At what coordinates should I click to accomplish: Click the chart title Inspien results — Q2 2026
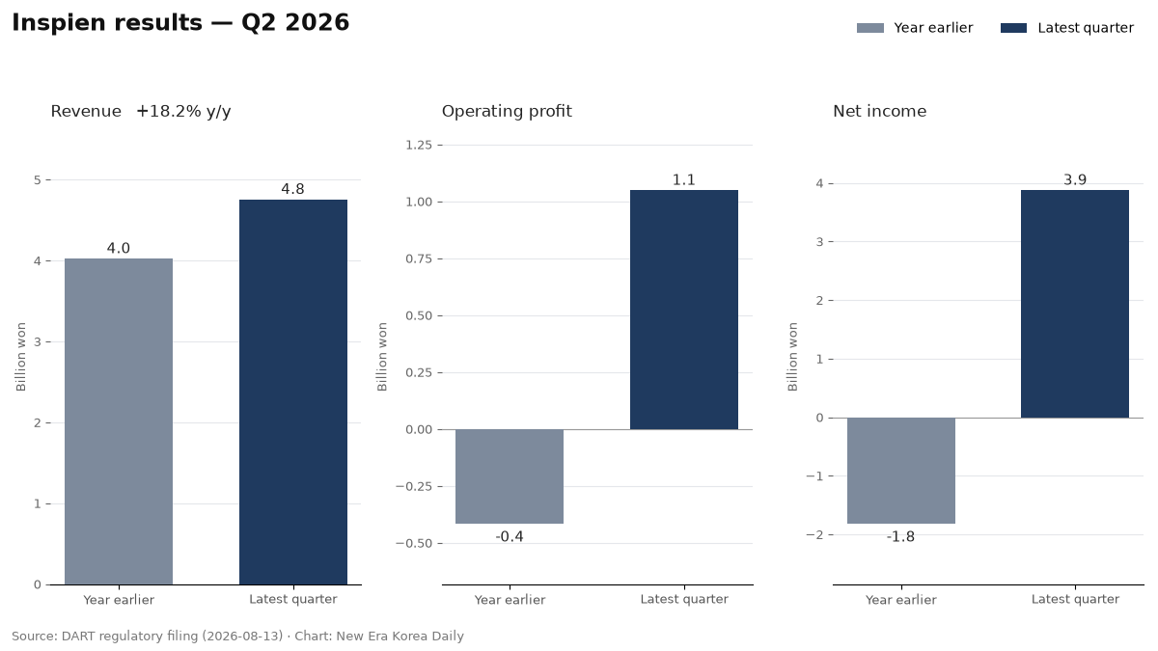(x=180, y=23)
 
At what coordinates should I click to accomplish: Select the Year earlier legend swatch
(x=870, y=28)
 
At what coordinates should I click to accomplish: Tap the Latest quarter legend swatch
(x=1014, y=28)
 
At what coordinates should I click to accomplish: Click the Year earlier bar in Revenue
(x=119, y=421)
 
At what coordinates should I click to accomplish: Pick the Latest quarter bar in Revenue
(x=293, y=393)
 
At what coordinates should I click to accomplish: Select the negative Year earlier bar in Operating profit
(x=510, y=476)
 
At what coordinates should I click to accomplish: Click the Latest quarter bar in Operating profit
(x=684, y=310)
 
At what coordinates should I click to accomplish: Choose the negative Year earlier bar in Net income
(x=901, y=471)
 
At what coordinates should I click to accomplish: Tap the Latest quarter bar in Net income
(x=1075, y=304)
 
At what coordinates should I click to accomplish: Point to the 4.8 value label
(x=292, y=189)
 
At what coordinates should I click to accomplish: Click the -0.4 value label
(x=510, y=537)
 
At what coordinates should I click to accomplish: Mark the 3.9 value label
(x=1075, y=179)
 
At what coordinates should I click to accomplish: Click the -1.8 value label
(x=900, y=537)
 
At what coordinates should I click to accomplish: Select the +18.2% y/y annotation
(x=183, y=112)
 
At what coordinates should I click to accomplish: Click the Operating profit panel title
(x=507, y=112)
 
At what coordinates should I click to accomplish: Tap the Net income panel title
(x=879, y=111)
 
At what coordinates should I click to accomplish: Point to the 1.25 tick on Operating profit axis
(x=419, y=146)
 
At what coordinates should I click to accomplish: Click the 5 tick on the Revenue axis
(x=38, y=180)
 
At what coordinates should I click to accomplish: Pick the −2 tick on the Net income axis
(x=814, y=534)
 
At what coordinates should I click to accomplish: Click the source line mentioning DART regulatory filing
(x=237, y=636)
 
